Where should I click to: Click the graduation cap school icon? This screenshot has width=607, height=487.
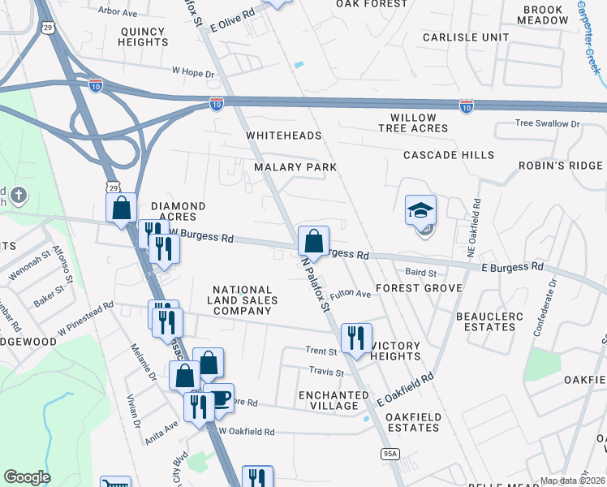(x=421, y=210)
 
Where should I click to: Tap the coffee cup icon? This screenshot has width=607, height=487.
(x=219, y=399)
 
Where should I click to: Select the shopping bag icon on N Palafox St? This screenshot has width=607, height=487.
(x=313, y=240)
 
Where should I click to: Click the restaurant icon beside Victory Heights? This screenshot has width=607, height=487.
(x=355, y=338)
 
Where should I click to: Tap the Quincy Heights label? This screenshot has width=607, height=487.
(x=144, y=36)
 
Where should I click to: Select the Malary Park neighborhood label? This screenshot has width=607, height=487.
(x=295, y=166)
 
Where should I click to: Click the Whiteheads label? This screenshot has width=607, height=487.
(x=284, y=136)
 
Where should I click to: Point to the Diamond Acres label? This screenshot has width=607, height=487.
(x=178, y=212)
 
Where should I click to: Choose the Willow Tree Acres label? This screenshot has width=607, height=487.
(x=418, y=123)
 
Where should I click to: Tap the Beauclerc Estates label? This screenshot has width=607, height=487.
(x=485, y=321)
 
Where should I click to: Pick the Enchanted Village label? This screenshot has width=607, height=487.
(x=329, y=400)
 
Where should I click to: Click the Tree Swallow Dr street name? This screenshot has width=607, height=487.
(x=549, y=123)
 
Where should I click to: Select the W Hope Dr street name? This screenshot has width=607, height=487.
(x=192, y=72)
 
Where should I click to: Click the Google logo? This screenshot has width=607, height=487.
(x=28, y=477)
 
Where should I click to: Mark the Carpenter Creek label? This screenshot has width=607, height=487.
(x=589, y=37)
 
